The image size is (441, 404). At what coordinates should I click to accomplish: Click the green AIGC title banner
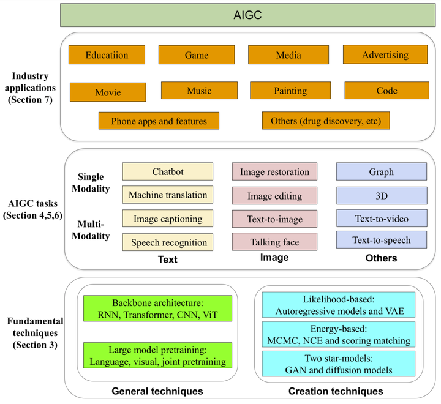[x=248, y=15]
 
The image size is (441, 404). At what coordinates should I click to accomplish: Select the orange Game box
[x=197, y=55]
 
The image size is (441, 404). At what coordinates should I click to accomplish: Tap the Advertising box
[x=385, y=54]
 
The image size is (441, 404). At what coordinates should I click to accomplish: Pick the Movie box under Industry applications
[x=108, y=92]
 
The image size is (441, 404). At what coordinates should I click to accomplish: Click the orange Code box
[x=387, y=91]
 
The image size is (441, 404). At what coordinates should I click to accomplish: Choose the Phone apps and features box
[x=159, y=121]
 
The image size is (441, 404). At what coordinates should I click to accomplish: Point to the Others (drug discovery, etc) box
[x=326, y=121]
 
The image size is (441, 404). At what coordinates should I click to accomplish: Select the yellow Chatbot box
[x=168, y=171]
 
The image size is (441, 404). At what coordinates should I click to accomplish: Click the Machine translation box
[x=168, y=195]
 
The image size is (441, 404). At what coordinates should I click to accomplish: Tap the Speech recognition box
[x=168, y=242]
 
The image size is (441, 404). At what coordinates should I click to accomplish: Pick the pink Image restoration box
[x=274, y=171]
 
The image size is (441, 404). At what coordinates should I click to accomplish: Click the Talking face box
[x=274, y=242]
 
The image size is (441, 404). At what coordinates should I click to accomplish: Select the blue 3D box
[x=382, y=196]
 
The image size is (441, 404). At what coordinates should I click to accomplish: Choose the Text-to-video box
[x=382, y=218]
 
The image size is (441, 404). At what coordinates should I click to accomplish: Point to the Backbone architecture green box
[x=158, y=309]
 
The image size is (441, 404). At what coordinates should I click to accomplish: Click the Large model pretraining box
[x=158, y=356]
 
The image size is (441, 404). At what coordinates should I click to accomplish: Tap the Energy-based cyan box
[x=339, y=335]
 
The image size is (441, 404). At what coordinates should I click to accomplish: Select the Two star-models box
[x=339, y=364]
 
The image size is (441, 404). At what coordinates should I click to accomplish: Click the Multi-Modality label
[x=91, y=230]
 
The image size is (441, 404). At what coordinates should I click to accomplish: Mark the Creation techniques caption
[x=336, y=391]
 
